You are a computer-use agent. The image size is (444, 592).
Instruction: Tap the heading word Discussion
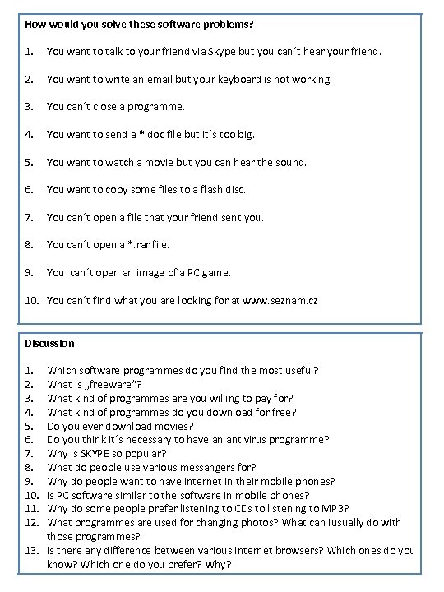click(x=49, y=343)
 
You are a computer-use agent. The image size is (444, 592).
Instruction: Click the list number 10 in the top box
click(x=32, y=301)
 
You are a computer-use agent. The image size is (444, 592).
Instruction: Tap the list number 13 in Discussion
click(x=32, y=551)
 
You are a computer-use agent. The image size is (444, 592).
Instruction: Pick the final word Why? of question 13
click(x=219, y=565)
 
